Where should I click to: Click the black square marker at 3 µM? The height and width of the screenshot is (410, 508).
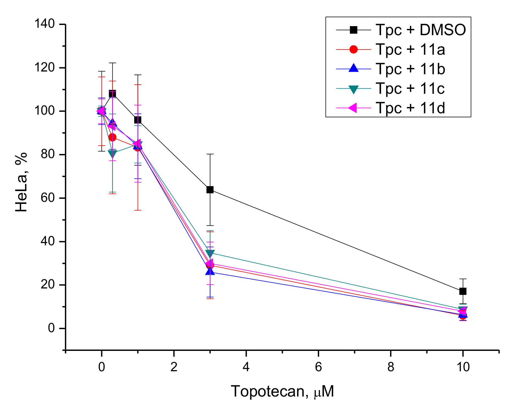pos(210,190)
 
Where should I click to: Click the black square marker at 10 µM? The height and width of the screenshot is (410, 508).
pos(463,291)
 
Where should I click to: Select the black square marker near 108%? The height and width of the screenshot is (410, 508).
pos(112,94)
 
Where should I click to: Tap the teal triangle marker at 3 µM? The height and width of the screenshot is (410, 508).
pos(210,253)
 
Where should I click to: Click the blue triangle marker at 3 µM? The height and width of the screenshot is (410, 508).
pos(210,272)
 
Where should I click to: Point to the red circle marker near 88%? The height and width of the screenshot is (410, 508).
pos(112,137)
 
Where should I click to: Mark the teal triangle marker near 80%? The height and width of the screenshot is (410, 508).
pos(112,153)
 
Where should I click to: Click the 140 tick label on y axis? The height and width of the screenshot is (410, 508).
pos(45,24)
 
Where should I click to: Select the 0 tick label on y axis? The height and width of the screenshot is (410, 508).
pos(51,328)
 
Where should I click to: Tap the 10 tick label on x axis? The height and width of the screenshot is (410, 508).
pos(463,367)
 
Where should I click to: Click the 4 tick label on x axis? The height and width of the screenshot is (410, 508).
pos(246,367)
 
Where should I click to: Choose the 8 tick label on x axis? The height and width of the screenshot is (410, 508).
pos(391,367)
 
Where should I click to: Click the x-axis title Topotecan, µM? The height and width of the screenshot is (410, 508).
pos(282,391)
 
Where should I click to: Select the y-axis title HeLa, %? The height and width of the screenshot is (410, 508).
pos(21,182)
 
